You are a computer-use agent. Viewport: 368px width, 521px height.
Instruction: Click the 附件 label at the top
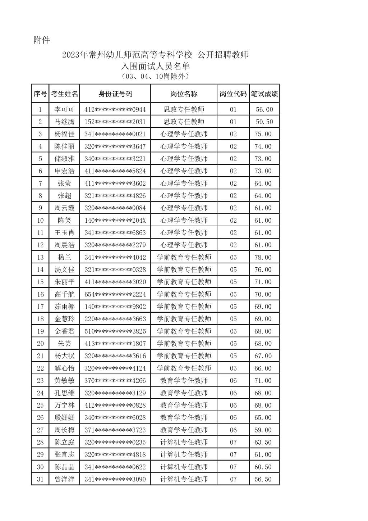pyautogui.click(x=42, y=40)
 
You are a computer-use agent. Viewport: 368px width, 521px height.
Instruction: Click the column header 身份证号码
pyautogui.click(x=115, y=94)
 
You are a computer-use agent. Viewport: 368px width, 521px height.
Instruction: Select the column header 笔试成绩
pyautogui.click(x=264, y=94)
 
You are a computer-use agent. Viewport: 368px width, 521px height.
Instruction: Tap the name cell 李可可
pyautogui.click(x=64, y=109)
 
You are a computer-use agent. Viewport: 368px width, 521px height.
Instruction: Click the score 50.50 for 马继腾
pyautogui.click(x=264, y=122)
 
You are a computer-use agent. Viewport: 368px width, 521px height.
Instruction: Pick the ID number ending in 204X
pyautogui.click(x=115, y=220)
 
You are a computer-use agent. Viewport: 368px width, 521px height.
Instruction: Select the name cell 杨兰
pyautogui.click(x=64, y=257)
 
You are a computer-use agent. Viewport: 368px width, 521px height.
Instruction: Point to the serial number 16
pyautogui.click(x=40, y=294)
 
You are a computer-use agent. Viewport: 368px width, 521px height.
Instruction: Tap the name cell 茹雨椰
pyautogui.click(x=64, y=307)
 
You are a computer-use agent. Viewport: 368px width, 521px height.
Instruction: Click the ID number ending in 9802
pyautogui.click(x=115, y=307)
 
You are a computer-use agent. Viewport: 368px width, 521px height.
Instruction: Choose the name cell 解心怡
pyautogui.click(x=64, y=368)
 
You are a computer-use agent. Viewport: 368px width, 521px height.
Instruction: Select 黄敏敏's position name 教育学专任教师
pyautogui.click(x=184, y=380)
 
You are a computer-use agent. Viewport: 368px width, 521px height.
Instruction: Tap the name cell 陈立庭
pyautogui.click(x=64, y=442)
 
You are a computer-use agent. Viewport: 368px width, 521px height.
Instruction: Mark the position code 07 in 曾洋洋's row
pyautogui.click(x=233, y=479)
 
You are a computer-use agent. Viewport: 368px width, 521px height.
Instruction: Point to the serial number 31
pyautogui.click(x=40, y=479)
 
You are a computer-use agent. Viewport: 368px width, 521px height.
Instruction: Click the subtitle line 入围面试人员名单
pyautogui.click(x=155, y=66)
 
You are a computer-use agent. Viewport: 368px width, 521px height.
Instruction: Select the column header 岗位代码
pyautogui.click(x=233, y=94)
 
